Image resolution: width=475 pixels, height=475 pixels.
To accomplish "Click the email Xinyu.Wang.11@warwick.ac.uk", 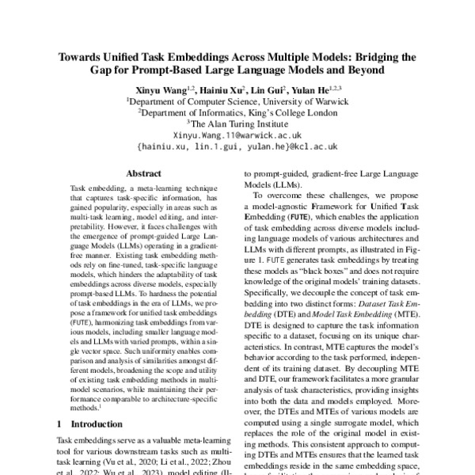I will [237, 135].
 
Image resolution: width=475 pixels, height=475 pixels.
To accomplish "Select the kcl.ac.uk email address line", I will [237, 146].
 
